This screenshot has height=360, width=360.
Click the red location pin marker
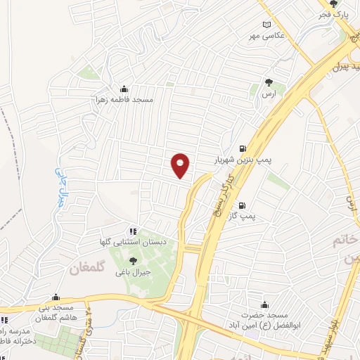pyautogui.click(x=181, y=165)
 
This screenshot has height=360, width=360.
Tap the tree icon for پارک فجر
pyautogui.click(x=343, y=5)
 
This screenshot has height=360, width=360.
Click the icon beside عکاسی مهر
pyautogui.click(x=266, y=25)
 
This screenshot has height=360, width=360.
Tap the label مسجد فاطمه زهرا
pyautogui.click(x=124, y=100)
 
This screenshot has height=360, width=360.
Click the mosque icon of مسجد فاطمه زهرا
pyautogui.click(x=124, y=89)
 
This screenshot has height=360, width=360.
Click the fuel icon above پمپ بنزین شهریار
pyautogui.click(x=243, y=148)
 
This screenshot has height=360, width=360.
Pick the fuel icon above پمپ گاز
pyautogui.click(x=243, y=206)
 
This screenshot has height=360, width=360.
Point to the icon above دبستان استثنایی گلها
pyautogui.click(x=131, y=230)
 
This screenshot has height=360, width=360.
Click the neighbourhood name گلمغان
pyautogui.click(x=86, y=268)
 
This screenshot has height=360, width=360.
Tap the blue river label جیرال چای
pyautogui.click(x=60, y=184)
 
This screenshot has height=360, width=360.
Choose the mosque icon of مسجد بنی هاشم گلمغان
pyautogui.click(x=56, y=297)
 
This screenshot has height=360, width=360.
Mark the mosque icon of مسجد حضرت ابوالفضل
pyautogui.click(x=264, y=304)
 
